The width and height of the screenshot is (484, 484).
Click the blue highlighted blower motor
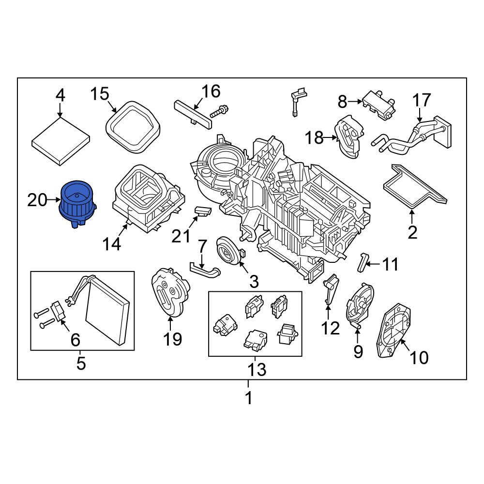point(76,203)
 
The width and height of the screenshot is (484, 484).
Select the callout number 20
point(37,200)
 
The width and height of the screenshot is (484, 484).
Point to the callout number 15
point(100,93)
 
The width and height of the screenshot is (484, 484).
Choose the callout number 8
point(342,102)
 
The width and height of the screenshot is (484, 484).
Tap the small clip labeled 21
point(204,211)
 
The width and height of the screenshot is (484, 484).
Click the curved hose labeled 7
point(204,269)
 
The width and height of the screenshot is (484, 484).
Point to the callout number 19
point(172,339)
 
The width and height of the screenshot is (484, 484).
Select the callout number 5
point(81,363)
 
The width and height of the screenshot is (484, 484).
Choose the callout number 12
point(331,328)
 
